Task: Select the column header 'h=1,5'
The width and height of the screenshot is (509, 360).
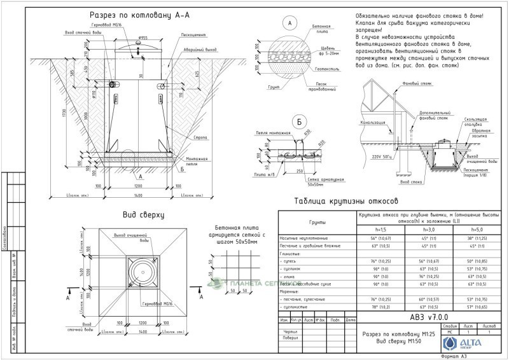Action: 381,229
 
